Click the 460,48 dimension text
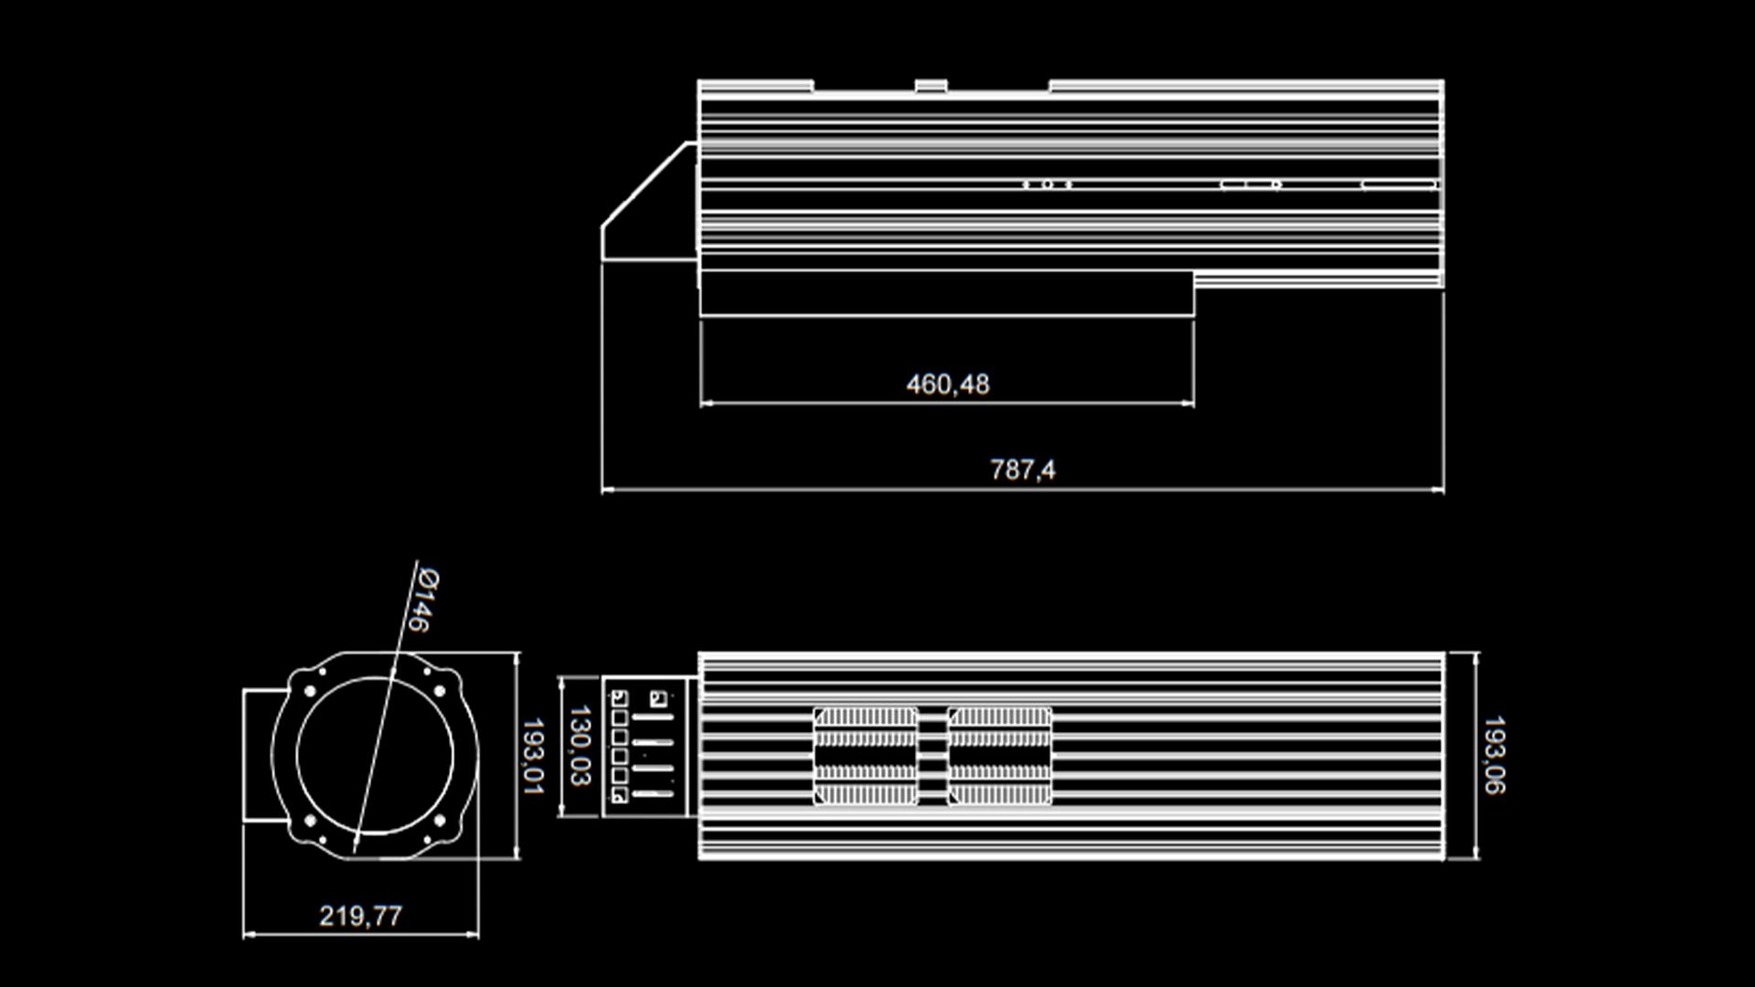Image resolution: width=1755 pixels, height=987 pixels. [947, 385]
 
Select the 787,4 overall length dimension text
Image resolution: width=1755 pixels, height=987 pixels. [1022, 470]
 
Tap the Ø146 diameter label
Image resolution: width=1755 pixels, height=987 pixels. [423, 600]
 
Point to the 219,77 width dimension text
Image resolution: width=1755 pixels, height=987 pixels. [360, 916]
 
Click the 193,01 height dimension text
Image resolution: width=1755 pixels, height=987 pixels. [533, 756]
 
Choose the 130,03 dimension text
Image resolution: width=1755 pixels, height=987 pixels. [580, 746]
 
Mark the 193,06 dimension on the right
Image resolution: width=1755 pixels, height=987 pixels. [1494, 755]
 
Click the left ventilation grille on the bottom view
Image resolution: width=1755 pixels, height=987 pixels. [865, 756]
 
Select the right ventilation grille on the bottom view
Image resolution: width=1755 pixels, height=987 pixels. [999, 756]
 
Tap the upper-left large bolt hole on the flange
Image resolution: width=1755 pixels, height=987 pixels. [309, 692]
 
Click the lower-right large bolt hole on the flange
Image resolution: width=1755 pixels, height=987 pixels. [440, 821]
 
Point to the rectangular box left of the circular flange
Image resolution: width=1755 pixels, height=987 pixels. [258, 756]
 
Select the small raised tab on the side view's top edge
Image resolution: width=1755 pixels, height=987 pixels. [931, 86]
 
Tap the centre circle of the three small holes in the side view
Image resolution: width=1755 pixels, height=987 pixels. [1048, 185]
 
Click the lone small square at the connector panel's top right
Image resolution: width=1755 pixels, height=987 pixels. [656, 699]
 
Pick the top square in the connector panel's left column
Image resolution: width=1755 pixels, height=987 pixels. [619, 699]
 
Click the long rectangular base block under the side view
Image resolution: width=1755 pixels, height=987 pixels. [946, 293]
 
